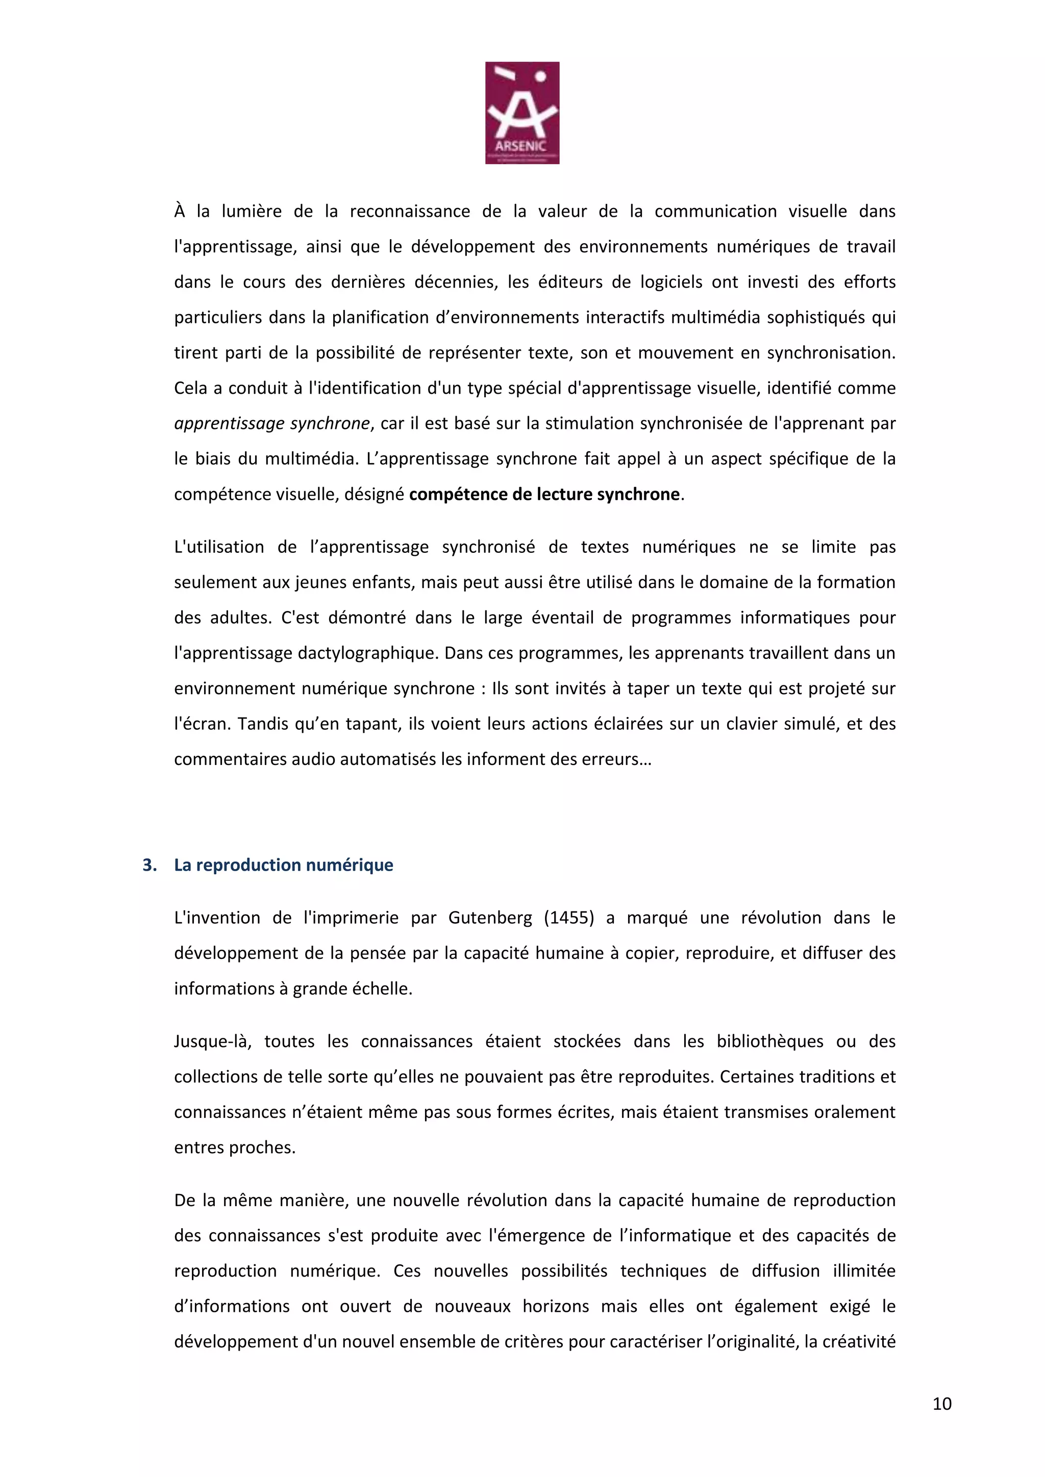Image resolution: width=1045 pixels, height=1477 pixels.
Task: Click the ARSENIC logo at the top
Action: click(522, 113)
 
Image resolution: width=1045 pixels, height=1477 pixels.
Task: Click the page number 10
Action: click(941, 1404)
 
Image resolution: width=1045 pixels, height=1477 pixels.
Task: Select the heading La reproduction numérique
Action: click(283, 864)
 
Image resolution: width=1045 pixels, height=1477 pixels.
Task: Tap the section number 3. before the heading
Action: click(150, 864)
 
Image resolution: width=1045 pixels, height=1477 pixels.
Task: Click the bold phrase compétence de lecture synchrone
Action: click(544, 494)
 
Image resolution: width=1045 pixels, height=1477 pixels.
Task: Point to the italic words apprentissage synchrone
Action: click(272, 423)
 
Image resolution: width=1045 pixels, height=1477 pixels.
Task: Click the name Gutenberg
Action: click(490, 918)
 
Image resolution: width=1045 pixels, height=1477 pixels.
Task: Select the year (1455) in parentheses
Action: click(569, 918)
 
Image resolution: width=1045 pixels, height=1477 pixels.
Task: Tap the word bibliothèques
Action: click(769, 1041)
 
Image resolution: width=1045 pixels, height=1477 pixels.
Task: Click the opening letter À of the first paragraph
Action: click(180, 211)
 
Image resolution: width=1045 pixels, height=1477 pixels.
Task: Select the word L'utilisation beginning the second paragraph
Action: click(219, 547)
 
